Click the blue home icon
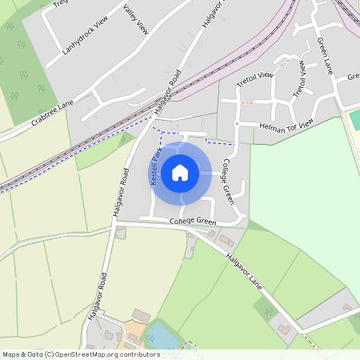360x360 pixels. click(x=180, y=172)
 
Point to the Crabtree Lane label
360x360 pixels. click(x=53, y=113)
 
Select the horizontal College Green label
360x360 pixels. click(x=193, y=221)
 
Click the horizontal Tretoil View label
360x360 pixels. click(x=255, y=77)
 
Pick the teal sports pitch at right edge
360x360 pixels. click(x=355, y=120)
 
